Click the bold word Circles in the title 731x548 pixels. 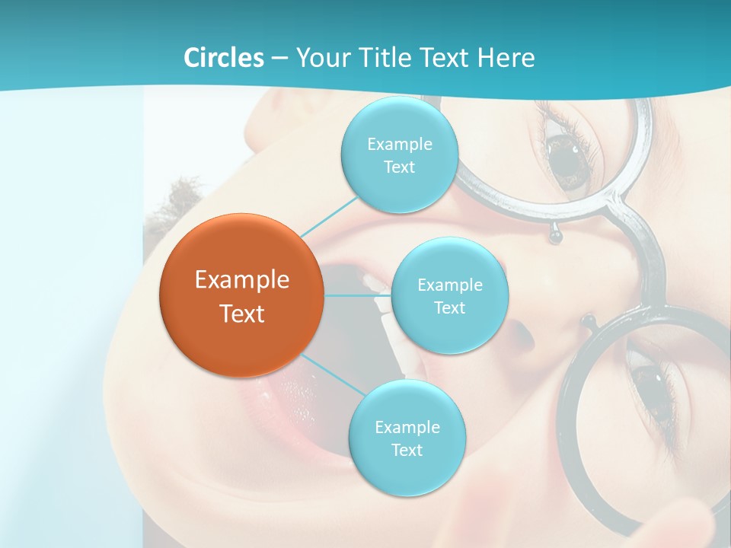click(x=224, y=58)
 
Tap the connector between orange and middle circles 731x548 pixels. click(x=357, y=295)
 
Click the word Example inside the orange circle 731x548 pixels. click(x=241, y=280)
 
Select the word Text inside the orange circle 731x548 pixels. click(x=241, y=314)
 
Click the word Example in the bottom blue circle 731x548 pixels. click(x=407, y=427)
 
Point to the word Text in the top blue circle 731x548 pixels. click(x=398, y=167)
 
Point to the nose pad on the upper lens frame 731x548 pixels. click(x=556, y=237)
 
